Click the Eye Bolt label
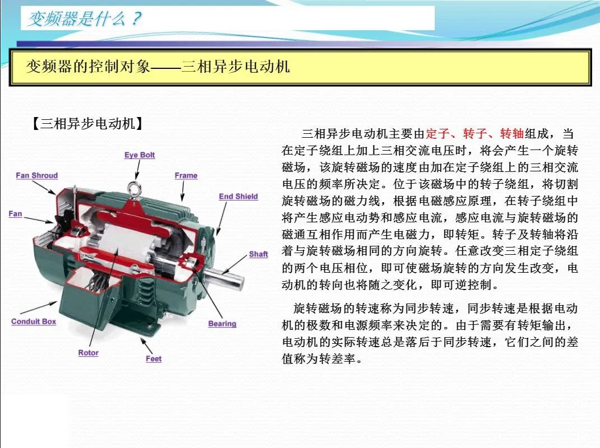(x=139, y=155)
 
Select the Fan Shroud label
(x=37, y=175)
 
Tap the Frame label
(x=186, y=175)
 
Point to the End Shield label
(x=238, y=197)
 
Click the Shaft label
(x=258, y=254)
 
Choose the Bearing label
(x=222, y=324)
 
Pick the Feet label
(x=154, y=359)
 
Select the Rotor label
(x=89, y=353)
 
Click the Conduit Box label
(x=34, y=321)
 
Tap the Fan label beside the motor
(x=15, y=213)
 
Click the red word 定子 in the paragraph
(x=438, y=134)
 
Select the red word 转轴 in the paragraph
(x=512, y=134)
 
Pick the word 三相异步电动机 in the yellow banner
(x=236, y=67)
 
